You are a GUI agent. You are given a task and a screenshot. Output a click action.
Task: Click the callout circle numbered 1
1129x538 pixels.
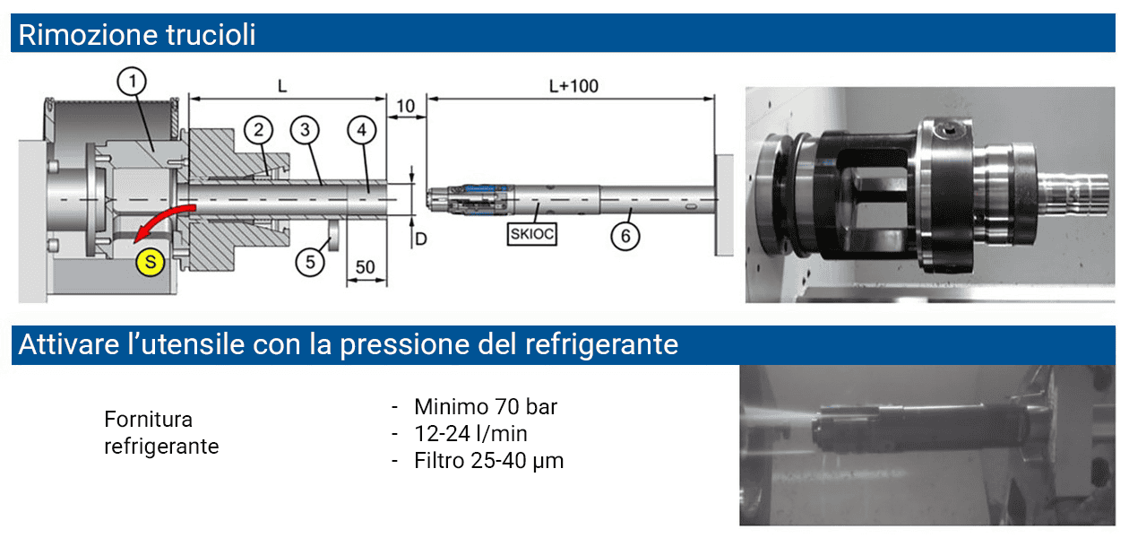coord(132,82)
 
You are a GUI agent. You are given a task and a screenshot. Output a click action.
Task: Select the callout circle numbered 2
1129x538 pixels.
coord(259,130)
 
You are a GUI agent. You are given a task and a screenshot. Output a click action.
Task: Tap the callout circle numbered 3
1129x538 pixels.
coord(305,130)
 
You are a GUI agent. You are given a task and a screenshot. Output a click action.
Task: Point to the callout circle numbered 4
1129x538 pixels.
coord(361,130)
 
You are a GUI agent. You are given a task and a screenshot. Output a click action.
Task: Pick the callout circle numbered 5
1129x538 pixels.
coord(310,261)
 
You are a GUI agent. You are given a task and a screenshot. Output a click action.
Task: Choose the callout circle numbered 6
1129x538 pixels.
coord(625,236)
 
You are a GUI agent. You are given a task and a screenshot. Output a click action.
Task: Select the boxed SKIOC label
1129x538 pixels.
coord(532,235)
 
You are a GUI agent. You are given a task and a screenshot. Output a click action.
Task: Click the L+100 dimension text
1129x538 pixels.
coord(573,86)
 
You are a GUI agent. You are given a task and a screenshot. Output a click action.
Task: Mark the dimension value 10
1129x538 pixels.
coord(405,107)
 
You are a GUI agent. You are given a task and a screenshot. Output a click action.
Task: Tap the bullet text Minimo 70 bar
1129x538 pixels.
coord(485,407)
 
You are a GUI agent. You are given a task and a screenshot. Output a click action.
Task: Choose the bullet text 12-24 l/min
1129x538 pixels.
coord(470,434)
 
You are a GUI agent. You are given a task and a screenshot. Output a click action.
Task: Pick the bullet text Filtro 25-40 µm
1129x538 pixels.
coord(488,461)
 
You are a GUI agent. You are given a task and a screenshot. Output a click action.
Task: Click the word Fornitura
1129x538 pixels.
coord(149,420)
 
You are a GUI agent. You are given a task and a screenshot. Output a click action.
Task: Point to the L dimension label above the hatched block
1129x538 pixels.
coord(282,86)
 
